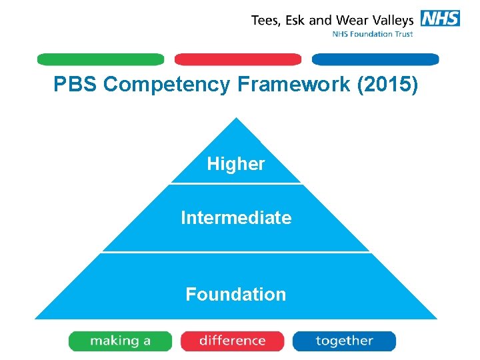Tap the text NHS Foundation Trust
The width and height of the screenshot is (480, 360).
tap(373, 34)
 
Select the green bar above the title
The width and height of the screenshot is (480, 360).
tap(100, 59)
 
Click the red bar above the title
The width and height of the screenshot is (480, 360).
tap(237, 59)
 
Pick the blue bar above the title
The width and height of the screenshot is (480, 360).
tap(375, 59)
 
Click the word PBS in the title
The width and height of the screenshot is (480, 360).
tap(76, 85)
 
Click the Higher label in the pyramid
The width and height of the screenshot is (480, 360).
tap(236, 163)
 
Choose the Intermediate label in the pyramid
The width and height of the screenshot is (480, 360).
tap(236, 218)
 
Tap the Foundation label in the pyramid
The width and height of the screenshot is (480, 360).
tap(236, 294)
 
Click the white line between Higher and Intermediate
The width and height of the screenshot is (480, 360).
tap(236, 183)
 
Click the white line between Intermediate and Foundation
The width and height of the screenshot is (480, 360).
tap(236, 252)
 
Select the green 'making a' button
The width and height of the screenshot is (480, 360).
tap(120, 341)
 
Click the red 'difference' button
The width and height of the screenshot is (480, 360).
tap(232, 341)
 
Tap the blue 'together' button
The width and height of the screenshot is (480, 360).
tap(344, 341)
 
